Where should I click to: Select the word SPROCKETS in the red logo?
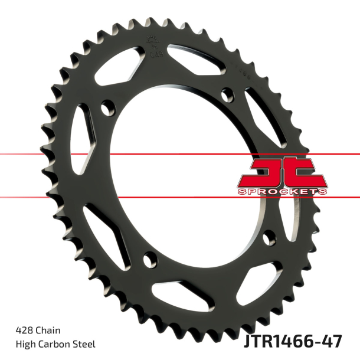point(283,191)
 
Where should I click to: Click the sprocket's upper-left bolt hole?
point(107,108)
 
